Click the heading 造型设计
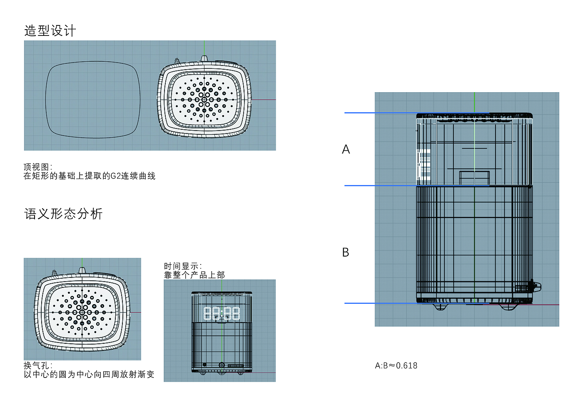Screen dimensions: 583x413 pos(50,31)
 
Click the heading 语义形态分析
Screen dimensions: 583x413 pos(63,214)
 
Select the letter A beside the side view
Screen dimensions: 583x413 pos(346,149)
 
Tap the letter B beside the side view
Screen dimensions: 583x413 pos(346,252)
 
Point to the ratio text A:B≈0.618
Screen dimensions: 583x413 pos(396,365)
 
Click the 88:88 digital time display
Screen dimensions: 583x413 pos(222,313)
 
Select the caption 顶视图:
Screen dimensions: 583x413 pos(38,167)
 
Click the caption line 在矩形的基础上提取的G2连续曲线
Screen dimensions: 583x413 pos(90,176)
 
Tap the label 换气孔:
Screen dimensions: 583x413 pos(38,365)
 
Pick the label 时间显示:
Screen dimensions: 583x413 pos(183,266)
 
